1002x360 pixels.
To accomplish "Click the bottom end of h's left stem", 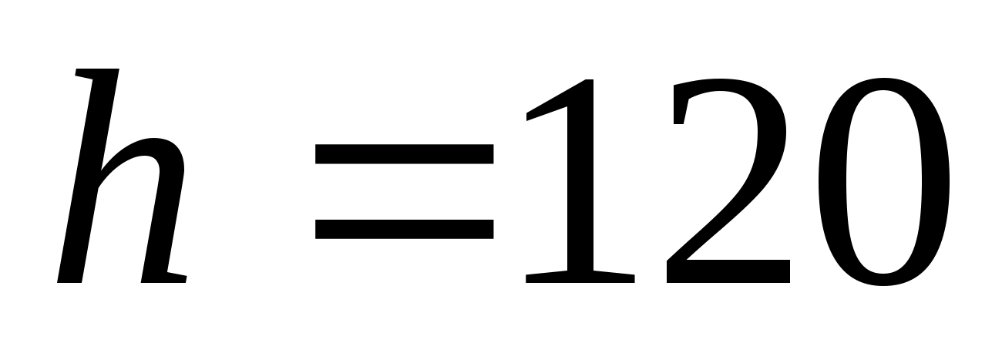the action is (70, 278).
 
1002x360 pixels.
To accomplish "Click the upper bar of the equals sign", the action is (405, 153).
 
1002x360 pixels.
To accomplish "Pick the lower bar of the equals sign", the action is (405, 228).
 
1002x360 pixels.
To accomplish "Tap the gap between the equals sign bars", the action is (405, 190).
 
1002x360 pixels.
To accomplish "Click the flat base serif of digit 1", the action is (580, 278).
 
